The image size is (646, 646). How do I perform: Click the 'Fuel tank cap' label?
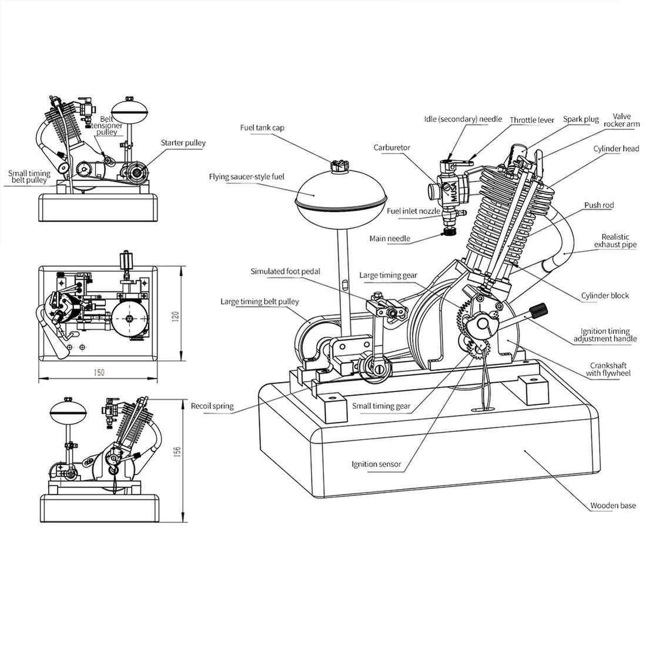click(262, 128)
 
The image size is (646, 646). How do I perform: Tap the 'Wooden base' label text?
click(613, 505)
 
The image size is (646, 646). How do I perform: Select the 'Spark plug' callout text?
click(581, 119)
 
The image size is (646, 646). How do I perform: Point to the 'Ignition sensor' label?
click(376, 464)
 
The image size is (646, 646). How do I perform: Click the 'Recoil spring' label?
click(212, 406)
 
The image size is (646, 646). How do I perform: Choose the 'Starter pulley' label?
click(183, 143)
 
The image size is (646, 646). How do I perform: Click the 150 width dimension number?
click(99, 372)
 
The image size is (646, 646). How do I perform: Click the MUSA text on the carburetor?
click(453, 192)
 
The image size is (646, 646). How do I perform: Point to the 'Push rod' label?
click(599, 205)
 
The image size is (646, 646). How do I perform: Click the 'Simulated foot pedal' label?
click(286, 272)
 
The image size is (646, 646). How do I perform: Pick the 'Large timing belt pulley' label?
click(259, 302)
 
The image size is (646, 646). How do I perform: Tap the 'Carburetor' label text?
click(391, 148)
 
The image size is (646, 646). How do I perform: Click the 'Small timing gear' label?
click(381, 406)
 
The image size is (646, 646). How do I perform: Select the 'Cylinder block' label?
click(605, 295)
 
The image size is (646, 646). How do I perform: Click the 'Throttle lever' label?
click(531, 120)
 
